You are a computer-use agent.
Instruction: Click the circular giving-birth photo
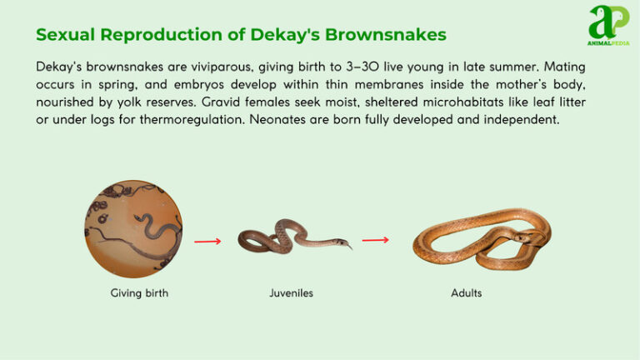click(x=133, y=228)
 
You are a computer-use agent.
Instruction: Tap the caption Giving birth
click(x=139, y=293)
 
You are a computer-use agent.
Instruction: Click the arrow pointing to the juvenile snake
click(x=207, y=242)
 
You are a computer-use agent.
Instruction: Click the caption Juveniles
click(x=291, y=293)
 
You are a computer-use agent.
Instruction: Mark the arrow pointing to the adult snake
click(x=375, y=240)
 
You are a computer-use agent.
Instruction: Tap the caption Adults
click(x=466, y=293)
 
